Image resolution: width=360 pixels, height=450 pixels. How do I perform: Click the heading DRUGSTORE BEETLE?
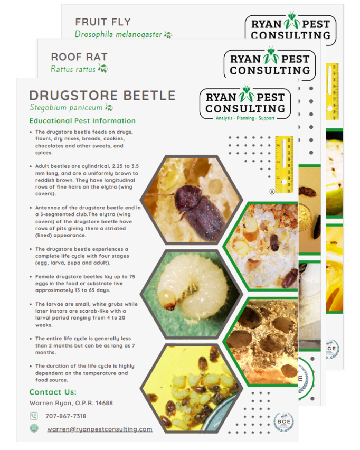pos(102,96)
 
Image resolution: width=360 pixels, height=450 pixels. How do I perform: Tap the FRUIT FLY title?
pos(102,22)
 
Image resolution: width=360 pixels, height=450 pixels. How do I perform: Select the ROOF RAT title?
pos(79,57)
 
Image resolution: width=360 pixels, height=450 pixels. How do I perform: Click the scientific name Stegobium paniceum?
pos(66,108)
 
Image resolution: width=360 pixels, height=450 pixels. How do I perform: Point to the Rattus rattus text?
pos(73,69)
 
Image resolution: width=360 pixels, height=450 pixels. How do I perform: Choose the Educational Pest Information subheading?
pos(82,121)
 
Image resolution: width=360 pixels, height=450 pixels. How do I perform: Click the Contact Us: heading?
pos(53,392)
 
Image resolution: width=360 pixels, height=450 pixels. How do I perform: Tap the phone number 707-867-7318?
pos(66,416)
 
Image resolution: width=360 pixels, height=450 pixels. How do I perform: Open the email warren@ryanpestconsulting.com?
pos(100,429)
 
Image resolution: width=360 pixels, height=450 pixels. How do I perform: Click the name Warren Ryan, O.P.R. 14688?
pos(71,403)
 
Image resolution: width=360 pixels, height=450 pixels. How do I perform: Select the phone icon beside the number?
pos(34,416)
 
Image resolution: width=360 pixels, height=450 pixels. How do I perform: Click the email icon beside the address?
pos(34,428)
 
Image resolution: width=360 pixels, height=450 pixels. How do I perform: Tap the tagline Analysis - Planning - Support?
pos(245,118)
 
